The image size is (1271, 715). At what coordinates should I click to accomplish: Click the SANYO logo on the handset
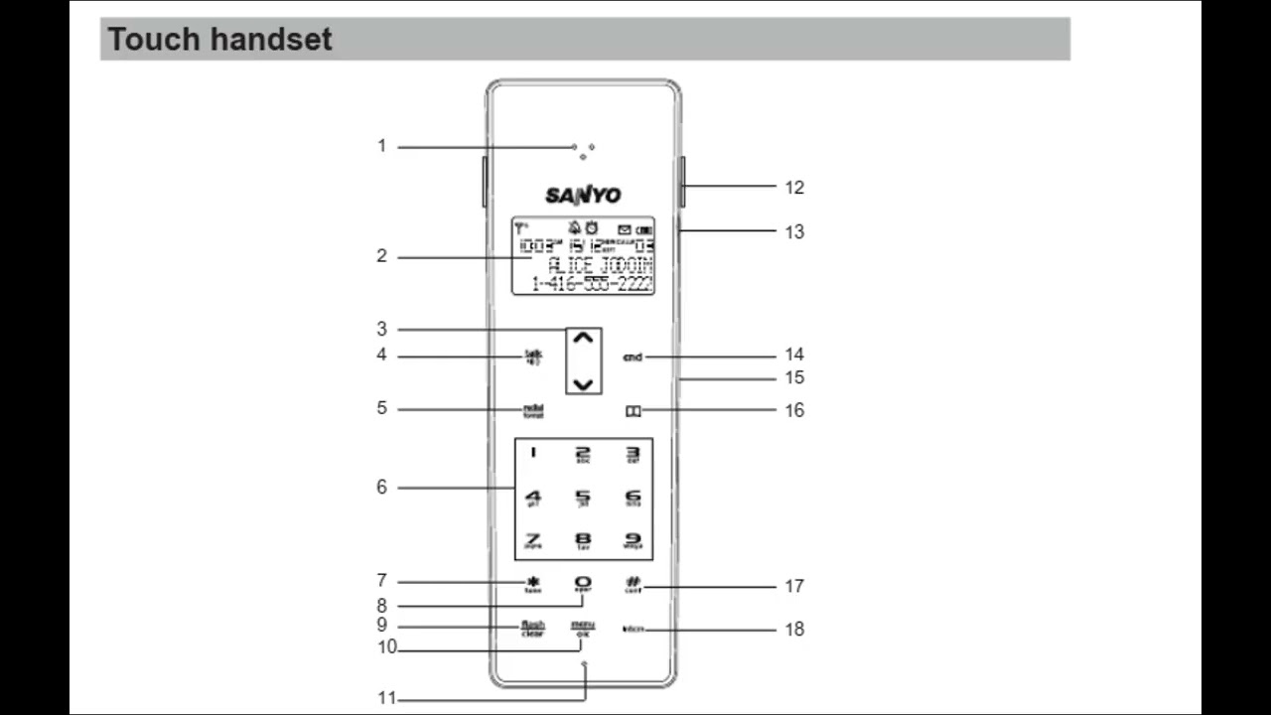click(x=583, y=194)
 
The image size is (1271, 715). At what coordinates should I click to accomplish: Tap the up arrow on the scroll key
click(x=584, y=339)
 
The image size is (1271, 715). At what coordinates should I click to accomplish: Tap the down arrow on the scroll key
click(x=584, y=383)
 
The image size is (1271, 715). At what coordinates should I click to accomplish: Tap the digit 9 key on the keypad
click(x=633, y=541)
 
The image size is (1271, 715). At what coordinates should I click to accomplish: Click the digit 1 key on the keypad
click(x=533, y=453)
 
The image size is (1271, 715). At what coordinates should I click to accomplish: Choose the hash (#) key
click(x=634, y=584)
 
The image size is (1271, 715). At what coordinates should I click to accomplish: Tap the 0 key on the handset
click(x=583, y=585)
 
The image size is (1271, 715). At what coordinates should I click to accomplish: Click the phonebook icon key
click(x=633, y=410)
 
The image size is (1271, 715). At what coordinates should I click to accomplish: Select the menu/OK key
click(x=582, y=628)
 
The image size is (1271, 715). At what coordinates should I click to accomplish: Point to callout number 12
click(x=794, y=188)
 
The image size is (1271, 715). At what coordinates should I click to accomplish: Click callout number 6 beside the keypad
click(x=381, y=488)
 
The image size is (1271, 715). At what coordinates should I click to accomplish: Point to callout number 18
click(x=794, y=630)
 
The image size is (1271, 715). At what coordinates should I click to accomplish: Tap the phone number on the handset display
click(x=592, y=284)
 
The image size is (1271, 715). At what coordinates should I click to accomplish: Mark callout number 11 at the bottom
click(x=386, y=698)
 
